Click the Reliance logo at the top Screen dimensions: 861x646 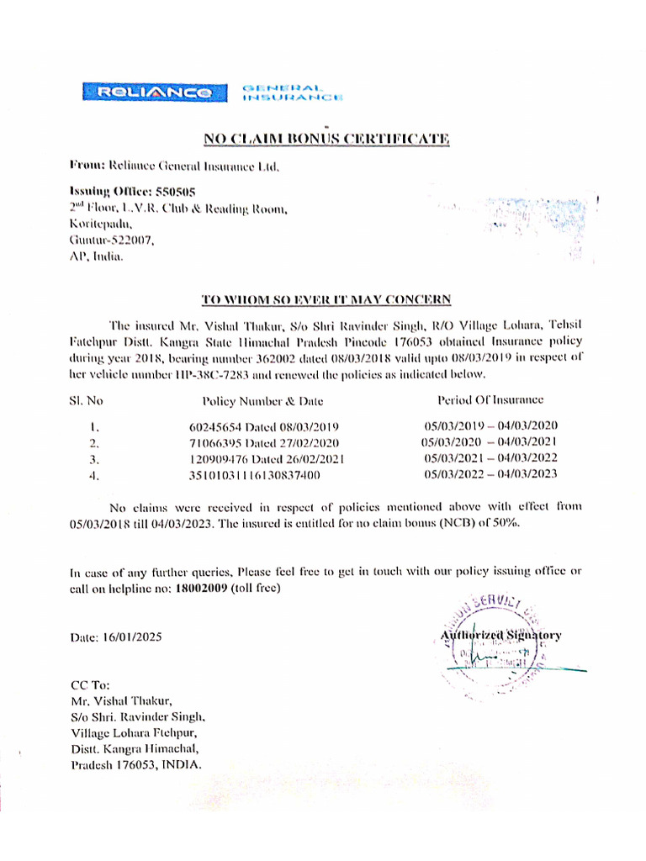point(154,92)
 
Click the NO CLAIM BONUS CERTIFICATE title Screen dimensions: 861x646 point(327,139)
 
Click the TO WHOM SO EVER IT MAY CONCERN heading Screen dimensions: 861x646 point(327,299)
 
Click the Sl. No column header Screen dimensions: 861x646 point(86,400)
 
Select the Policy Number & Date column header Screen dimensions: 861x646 point(262,401)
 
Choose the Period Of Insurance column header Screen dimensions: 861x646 point(490,399)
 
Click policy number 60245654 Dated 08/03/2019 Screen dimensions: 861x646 point(264,426)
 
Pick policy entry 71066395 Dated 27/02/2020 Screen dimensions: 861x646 point(264,442)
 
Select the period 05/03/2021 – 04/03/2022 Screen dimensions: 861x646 point(491,458)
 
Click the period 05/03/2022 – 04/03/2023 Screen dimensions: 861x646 point(491,475)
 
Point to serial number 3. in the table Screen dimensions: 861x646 point(94,460)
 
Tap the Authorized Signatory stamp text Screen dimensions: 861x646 point(501,636)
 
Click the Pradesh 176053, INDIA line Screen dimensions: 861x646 point(136,765)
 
